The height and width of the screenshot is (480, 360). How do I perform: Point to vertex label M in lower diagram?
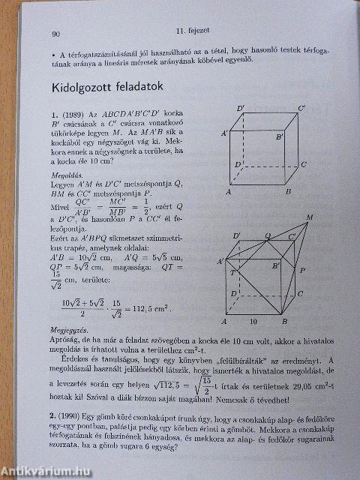tap(311, 218)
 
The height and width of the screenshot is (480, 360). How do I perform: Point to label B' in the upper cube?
tap(278, 138)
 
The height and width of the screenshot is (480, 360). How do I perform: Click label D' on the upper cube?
tap(240, 109)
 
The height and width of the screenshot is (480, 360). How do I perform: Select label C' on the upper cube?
tap(301, 109)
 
